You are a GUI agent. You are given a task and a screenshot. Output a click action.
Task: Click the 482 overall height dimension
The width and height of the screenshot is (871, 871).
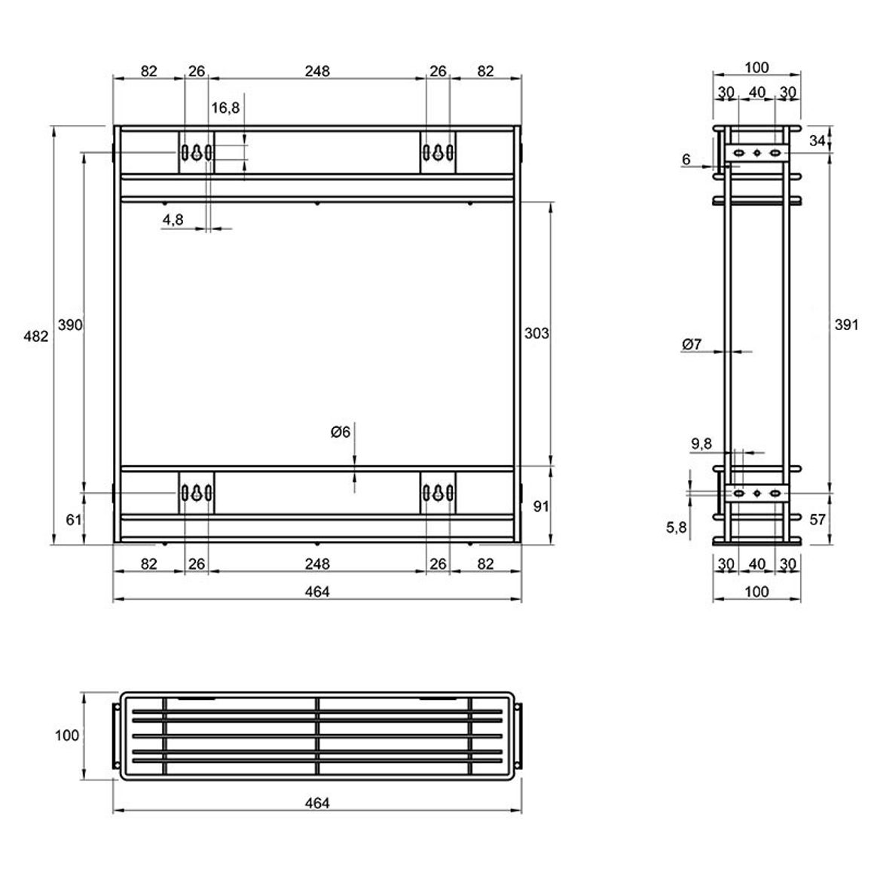(x=35, y=336)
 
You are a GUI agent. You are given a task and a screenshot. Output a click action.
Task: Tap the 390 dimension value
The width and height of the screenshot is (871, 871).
(x=70, y=325)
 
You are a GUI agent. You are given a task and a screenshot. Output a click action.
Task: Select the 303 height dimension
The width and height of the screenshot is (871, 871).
(x=536, y=333)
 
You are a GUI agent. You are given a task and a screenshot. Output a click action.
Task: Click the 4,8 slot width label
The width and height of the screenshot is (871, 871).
(x=173, y=220)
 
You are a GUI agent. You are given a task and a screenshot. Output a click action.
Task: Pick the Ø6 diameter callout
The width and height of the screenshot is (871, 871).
(x=340, y=432)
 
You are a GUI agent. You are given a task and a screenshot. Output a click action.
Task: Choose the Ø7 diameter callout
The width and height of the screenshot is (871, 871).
(x=692, y=344)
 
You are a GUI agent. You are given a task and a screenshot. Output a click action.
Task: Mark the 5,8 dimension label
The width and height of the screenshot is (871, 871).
(x=677, y=527)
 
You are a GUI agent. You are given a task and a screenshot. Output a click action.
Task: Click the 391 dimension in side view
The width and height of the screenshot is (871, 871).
(x=847, y=325)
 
